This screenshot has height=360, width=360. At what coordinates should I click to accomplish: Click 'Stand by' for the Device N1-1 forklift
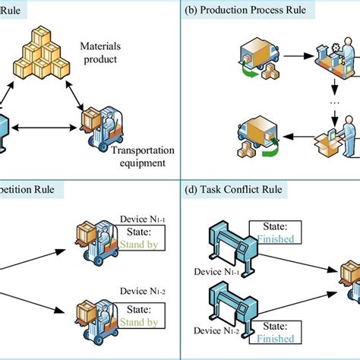pyautogui.click(x=137, y=245)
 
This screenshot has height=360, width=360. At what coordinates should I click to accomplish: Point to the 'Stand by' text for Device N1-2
pyautogui.click(x=137, y=322)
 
